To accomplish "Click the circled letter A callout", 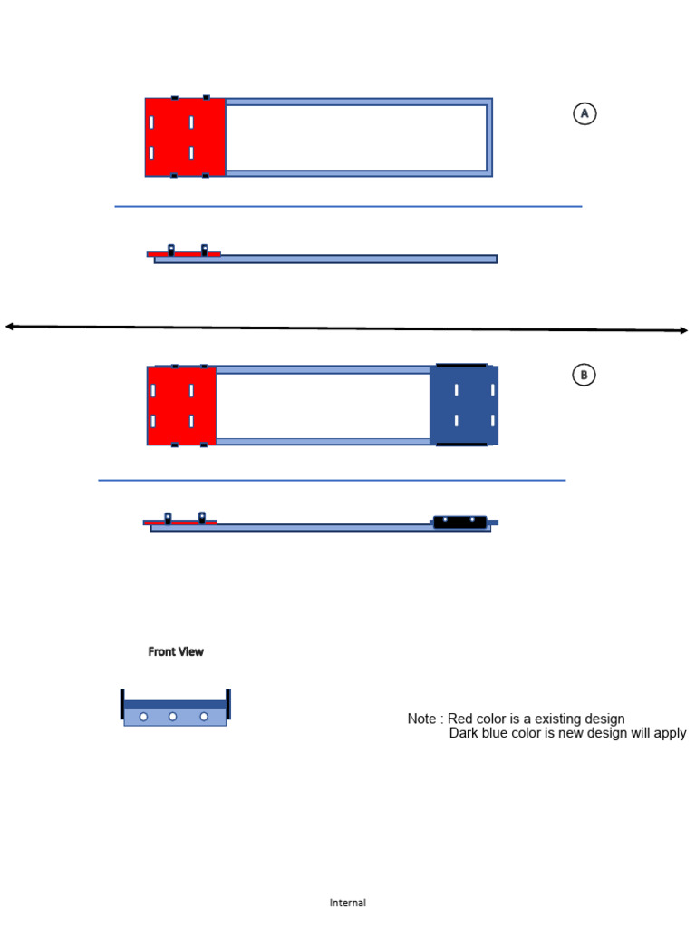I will (585, 113).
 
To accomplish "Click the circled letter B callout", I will (584, 375).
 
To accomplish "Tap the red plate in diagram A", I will (185, 137).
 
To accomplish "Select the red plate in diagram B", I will (181, 406).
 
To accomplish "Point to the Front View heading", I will (176, 651).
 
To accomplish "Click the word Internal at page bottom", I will (348, 903).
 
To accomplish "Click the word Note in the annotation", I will (421, 719).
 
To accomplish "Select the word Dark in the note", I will (465, 733).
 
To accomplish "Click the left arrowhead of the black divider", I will (9, 326).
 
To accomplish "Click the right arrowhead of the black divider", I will (683, 330).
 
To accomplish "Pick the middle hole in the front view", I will (172, 717).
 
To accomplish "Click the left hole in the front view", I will (143, 717).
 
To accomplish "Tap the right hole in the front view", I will (204, 717).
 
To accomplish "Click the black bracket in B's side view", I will (460, 522).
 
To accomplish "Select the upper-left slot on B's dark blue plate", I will (456, 390).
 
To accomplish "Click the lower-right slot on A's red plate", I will (191, 152).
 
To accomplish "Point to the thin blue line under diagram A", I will (348, 207).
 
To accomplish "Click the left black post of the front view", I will (122, 705).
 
